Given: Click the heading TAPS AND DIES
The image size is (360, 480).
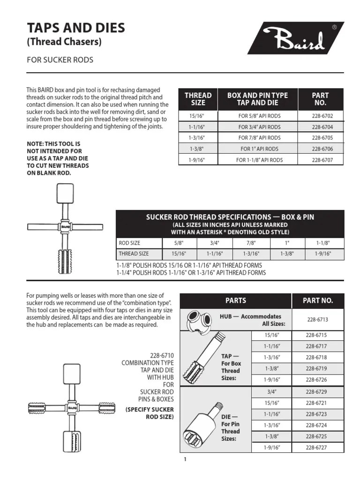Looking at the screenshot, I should click(76, 28).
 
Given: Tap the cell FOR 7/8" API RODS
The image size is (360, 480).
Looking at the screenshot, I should click(259, 138).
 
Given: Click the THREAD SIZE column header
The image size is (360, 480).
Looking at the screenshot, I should click(198, 99).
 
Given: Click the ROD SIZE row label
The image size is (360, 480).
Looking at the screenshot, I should click(129, 243).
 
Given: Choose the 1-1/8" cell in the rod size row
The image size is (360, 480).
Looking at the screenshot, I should click(323, 243).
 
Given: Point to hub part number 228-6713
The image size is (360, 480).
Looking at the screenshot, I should click(317, 320).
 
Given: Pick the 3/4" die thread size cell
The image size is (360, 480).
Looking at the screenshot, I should click(271, 391).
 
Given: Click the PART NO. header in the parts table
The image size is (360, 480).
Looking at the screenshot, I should click(317, 300).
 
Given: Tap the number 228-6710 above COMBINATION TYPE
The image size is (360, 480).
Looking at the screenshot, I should click(160, 356).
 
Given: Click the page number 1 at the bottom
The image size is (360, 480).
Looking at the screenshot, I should click(185, 460).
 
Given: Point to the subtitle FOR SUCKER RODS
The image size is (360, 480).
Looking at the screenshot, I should click(60, 60).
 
